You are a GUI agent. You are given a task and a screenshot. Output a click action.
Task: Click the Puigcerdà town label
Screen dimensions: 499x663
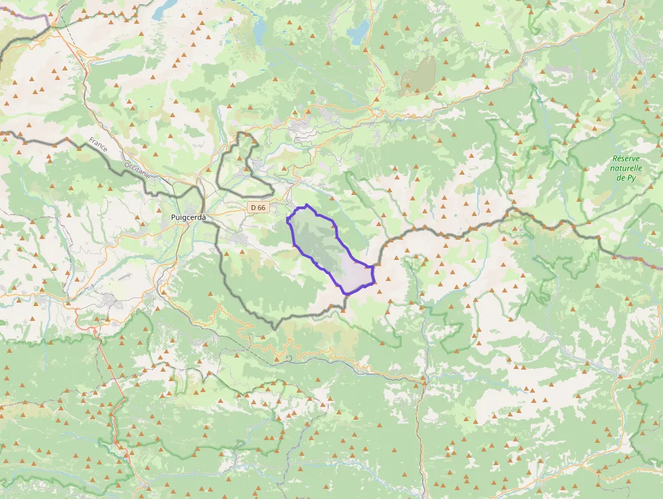point(187,217)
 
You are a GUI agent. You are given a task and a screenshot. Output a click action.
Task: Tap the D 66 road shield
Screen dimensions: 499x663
point(257,207)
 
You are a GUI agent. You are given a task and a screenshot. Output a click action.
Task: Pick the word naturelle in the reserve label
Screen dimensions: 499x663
point(626,169)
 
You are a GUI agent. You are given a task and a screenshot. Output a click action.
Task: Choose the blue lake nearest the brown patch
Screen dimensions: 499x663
point(358,31)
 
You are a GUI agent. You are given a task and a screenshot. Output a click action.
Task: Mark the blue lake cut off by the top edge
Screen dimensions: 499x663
point(164,8)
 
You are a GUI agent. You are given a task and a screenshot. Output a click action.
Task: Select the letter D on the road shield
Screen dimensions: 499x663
point(252,207)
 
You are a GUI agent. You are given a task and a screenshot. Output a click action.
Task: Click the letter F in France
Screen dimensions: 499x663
point(91,141)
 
